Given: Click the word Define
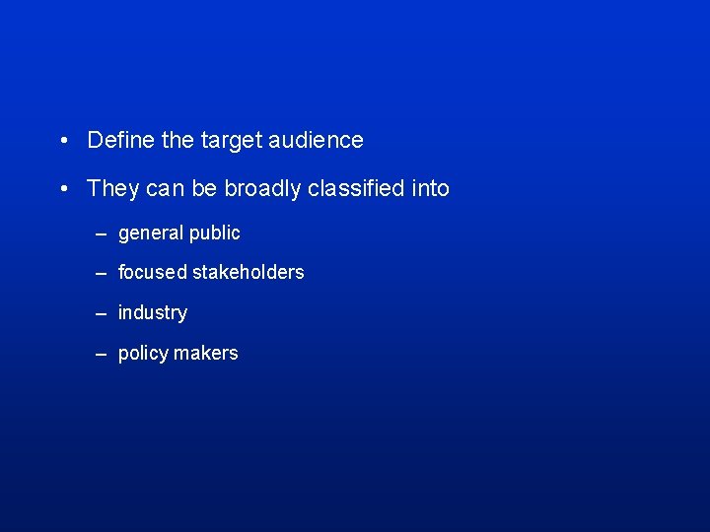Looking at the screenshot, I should click(x=121, y=140).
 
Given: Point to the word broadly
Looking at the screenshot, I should click(x=262, y=188).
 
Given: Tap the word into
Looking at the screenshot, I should click(x=430, y=188).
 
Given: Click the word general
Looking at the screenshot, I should click(x=151, y=233).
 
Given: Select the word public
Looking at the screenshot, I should click(x=215, y=233).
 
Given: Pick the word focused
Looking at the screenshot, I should click(x=153, y=272).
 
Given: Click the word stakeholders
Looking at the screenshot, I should click(x=248, y=272).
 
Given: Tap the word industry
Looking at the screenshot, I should click(x=153, y=313).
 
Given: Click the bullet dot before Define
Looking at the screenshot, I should click(x=62, y=141).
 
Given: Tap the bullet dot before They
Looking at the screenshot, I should click(x=62, y=189).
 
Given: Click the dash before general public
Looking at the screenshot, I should click(x=101, y=233).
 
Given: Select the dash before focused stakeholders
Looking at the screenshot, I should click(x=101, y=273).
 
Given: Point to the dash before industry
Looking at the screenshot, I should click(x=101, y=313).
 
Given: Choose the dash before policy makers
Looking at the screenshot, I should click(x=101, y=354).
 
